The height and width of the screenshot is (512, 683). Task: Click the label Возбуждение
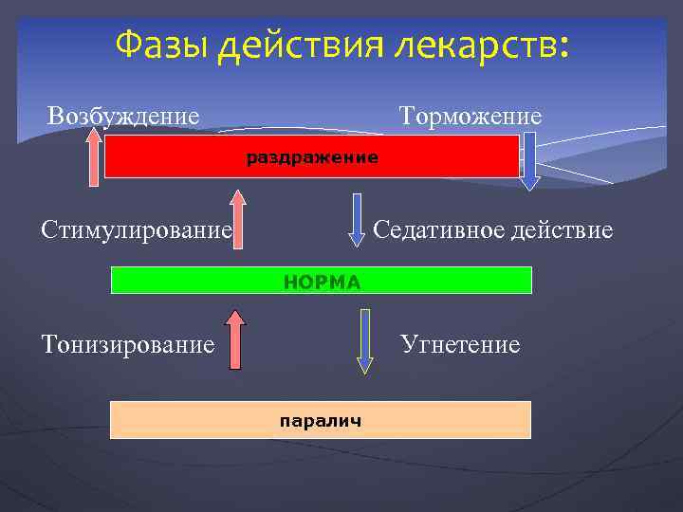123,116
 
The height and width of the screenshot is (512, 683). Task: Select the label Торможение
471,116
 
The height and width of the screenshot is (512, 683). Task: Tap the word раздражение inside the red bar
312,157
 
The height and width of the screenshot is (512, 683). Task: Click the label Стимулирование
137,229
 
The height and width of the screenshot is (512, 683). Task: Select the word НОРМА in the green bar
323,282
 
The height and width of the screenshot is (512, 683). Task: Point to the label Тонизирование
128,343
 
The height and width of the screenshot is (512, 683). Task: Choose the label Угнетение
460,343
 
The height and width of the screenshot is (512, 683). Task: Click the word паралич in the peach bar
320,420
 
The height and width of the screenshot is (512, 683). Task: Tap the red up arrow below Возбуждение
93,157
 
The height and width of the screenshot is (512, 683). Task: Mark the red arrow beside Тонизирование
236,337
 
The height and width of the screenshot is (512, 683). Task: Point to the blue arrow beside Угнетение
364,338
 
